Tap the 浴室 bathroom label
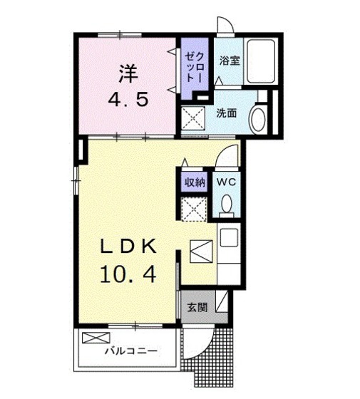coord(230,61)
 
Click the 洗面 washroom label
coord(227,112)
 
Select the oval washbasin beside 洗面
coord(258,118)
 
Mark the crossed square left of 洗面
coord(191,118)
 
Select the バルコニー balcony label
coord(131,351)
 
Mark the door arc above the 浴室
coord(225,26)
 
